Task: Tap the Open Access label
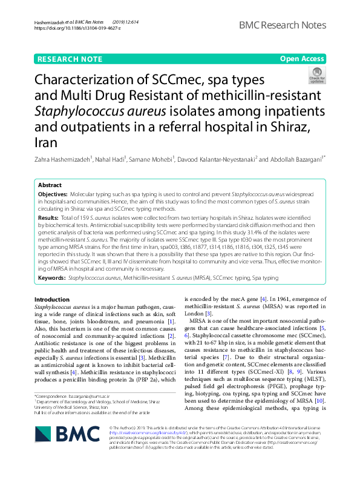tap(302, 59)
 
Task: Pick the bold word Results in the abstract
tap(47, 217)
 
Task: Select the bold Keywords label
tap(51, 277)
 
